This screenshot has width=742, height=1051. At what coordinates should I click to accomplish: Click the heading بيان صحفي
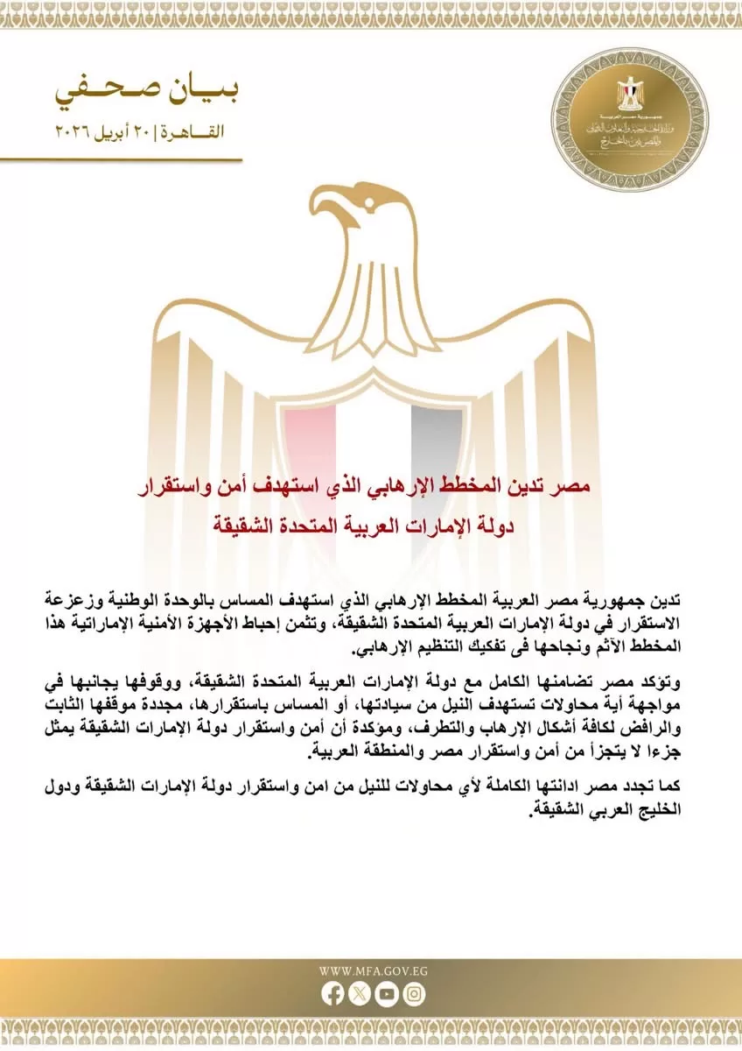147,92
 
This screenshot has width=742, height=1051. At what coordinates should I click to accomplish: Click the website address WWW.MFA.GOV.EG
371,970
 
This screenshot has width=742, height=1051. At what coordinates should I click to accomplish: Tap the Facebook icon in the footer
332,993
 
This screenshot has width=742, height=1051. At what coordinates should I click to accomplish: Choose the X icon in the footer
359,993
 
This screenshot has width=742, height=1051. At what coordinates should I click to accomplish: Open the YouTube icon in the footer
386,993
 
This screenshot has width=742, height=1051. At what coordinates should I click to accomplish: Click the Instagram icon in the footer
413,993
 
